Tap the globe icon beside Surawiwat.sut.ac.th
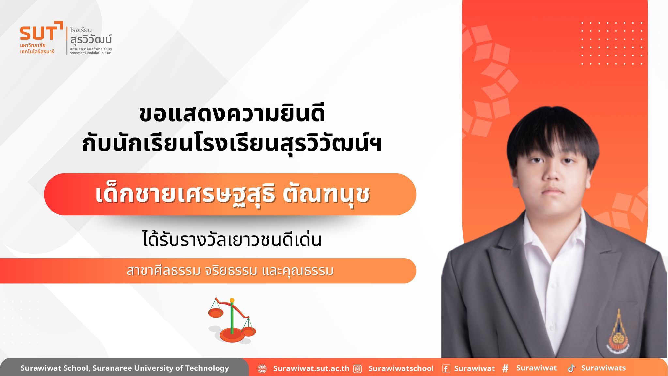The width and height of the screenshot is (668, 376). tap(262, 369)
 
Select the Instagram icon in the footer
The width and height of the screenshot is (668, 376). tap(358, 369)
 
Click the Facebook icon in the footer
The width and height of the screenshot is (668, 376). tap(446, 369)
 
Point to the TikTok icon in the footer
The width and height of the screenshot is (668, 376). tap(571, 368)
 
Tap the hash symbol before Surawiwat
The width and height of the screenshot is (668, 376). tap(505, 368)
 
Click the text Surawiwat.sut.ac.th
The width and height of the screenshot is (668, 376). tap(311, 368)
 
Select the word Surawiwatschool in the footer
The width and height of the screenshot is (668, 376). tap(401, 368)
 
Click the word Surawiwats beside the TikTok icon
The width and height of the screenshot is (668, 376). tap(603, 368)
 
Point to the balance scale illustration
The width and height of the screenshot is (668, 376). tap(232, 320)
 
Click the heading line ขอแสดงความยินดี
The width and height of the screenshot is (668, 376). tap(232, 114)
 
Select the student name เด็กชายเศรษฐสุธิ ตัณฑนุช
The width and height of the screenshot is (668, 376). tap(232, 195)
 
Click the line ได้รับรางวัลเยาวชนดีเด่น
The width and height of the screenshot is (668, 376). tap(232, 239)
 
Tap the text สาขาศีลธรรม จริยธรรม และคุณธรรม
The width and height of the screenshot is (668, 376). tap(230, 271)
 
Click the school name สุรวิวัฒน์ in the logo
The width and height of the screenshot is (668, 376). tap(91, 40)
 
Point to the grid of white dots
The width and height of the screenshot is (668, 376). tap(612, 43)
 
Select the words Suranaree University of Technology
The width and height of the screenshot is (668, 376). tap(161, 368)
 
